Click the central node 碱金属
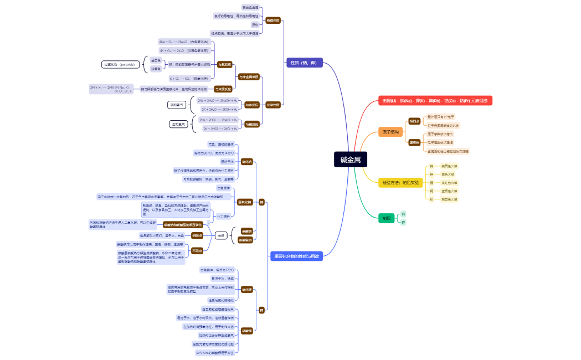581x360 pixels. pyautogui.click(x=350, y=160)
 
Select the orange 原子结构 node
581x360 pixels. pyautogui.click(x=390, y=132)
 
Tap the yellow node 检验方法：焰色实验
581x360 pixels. pyautogui.click(x=400, y=182)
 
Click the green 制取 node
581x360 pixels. pyautogui.click(x=386, y=218)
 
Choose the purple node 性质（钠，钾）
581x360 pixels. pyautogui.click(x=304, y=63)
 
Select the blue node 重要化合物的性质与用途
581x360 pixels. pyautogui.click(x=297, y=256)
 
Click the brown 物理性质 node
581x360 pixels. pyautogui.click(x=273, y=20)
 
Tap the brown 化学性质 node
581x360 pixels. pyautogui.click(x=273, y=104)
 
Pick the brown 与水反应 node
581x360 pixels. pyautogui.click(x=251, y=104)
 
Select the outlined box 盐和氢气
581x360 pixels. pyautogui.click(x=178, y=124)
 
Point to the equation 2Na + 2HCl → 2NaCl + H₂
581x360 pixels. pyautogui.click(x=219, y=120)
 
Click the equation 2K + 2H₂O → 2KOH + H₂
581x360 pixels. pyautogui.click(x=219, y=109)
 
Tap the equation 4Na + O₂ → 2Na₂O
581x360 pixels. pyautogui.click(x=184, y=42)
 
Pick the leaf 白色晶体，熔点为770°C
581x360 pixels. pyautogui.click(x=217, y=270)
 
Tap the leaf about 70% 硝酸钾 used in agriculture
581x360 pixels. pyautogui.click(x=215, y=352)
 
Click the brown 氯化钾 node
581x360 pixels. pyautogui.click(x=246, y=289)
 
